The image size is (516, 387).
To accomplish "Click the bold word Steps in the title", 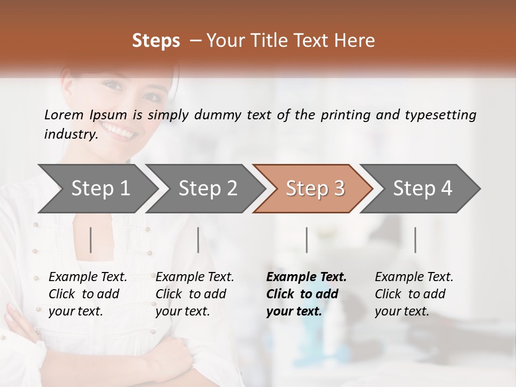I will [x=156, y=41].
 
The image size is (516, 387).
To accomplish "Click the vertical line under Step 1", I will [x=91, y=240].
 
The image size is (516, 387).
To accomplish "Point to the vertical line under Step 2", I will [x=198, y=240].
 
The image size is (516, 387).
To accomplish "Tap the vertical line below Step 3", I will [x=306, y=240].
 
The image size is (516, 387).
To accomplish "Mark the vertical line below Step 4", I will [x=415, y=240].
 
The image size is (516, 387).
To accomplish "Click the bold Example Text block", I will [x=306, y=294].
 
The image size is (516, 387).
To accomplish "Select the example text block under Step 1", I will [x=88, y=294].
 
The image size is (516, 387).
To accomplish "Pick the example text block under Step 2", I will [x=195, y=294].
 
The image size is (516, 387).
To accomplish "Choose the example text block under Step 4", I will [x=414, y=294].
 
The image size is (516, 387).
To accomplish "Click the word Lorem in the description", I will [x=64, y=114].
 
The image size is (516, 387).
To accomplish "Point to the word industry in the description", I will [x=70, y=134].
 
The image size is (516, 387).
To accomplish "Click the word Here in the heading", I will [x=355, y=41].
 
